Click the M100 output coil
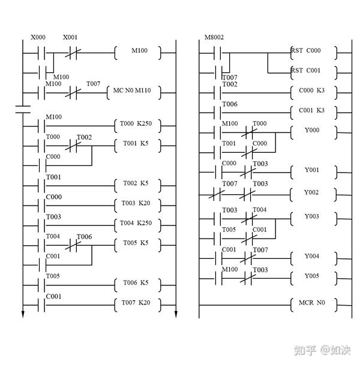coord(137,52)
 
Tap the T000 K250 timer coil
coord(137,125)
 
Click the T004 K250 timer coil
coord(137,224)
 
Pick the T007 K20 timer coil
coord(137,303)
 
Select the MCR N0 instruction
coord(312,303)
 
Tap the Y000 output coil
coord(312,129)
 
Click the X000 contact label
coord(38,37)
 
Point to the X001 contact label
coord(71,37)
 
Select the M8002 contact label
coord(214,37)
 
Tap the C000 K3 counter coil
coord(312,92)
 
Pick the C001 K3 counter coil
coord(312,111)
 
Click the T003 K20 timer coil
coord(137,204)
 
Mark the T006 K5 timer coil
coord(137,283)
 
